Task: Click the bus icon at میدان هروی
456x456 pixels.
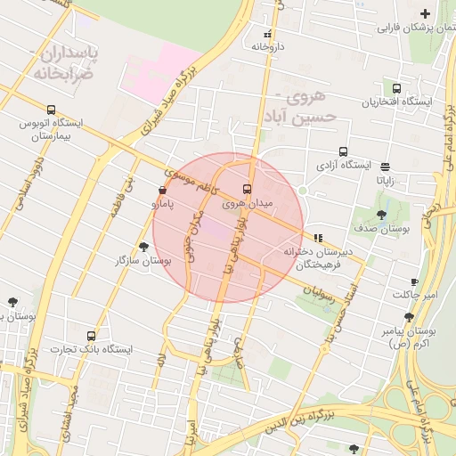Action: click(x=247, y=189)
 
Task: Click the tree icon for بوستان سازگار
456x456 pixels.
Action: click(x=143, y=247)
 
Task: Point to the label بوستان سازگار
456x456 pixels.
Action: click(x=142, y=261)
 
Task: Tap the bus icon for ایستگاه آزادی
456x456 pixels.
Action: click(x=344, y=151)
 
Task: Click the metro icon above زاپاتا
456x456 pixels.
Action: click(x=385, y=166)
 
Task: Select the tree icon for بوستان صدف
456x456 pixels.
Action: click(x=382, y=214)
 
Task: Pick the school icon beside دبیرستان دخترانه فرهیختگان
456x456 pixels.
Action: click(x=318, y=237)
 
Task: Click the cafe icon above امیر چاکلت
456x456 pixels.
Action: click(x=414, y=281)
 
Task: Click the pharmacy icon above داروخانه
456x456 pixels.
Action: click(x=267, y=33)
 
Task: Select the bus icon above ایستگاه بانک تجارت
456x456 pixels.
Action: click(x=91, y=336)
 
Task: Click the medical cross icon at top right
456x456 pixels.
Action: click(x=425, y=13)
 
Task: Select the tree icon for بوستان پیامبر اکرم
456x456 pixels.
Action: click(x=409, y=316)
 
